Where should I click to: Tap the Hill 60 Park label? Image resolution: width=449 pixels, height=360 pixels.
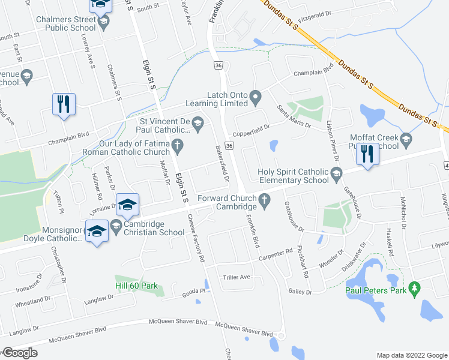click(136, 286)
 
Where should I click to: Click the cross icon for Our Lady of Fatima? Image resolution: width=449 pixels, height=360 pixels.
click(177, 145)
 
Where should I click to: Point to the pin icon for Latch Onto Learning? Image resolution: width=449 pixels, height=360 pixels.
click(256, 96)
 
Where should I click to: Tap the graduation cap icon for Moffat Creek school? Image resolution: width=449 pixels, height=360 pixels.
click(406, 140)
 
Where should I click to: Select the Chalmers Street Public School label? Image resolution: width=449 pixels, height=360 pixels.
click(66, 23)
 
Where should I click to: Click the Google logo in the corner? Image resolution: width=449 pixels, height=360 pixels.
click(20, 353)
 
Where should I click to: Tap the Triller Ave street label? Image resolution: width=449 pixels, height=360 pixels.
click(237, 277)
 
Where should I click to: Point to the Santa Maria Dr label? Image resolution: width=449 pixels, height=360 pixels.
click(294, 116)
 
